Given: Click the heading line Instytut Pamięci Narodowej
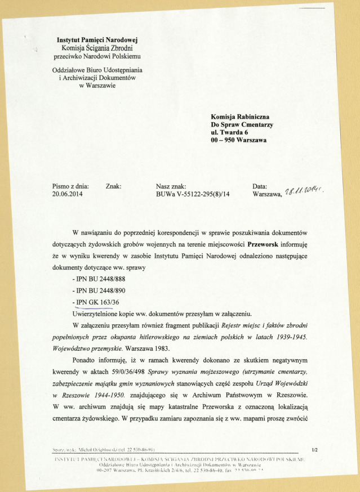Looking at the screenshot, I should pyautogui.click(x=97, y=40).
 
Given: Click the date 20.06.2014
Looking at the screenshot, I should pyautogui.click(x=68, y=195).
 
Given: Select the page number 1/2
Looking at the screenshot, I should pyautogui.click(x=314, y=449).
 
